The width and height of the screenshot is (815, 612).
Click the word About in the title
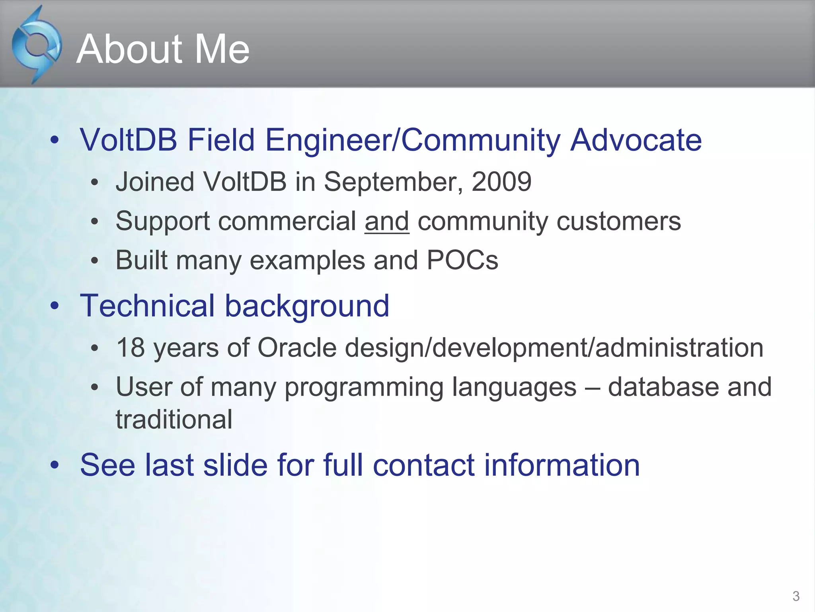pyautogui.click(x=128, y=49)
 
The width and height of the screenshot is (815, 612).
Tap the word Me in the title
pyautogui.click(x=221, y=49)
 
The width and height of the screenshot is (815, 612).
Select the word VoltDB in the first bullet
pyautogui.click(x=128, y=140)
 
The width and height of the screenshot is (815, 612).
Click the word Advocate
pyautogui.click(x=636, y=140)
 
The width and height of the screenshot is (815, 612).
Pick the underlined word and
pyautogui.click(x=387, y=221)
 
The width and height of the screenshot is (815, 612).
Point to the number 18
pyautogui.click(x=130, y=347)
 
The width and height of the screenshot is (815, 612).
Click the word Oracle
pyautogui.click(x=297, y=347)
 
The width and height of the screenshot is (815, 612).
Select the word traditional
pyautogui.click(x=174, y=420)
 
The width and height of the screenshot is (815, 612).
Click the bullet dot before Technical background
pyautogui.click(x=55, y=306)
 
